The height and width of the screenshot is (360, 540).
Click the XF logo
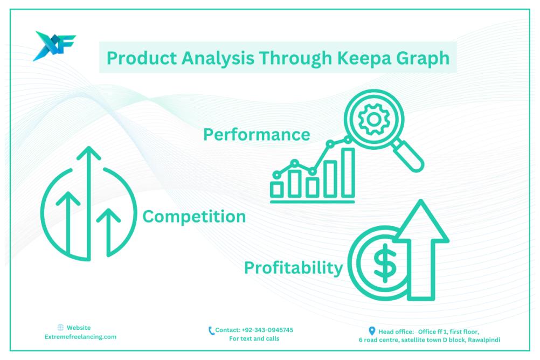(54, 46)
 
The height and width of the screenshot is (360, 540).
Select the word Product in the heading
(142, 58)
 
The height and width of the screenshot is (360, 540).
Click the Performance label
(257, 135)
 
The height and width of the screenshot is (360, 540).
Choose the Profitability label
(293, 268)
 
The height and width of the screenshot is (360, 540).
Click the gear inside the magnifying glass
(374, 119)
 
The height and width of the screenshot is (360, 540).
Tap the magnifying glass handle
(409, 156)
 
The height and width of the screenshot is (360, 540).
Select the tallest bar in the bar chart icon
(348, 172)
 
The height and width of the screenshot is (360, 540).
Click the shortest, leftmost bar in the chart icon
(276, 190)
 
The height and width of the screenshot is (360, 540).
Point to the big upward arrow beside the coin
(421, 250)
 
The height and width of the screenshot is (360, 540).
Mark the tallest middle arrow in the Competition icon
(89, 203)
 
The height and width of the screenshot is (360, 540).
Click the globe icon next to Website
(61, 328)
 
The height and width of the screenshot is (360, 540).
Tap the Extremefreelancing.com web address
(80, 337)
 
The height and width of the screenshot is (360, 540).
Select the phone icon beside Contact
(211, 331)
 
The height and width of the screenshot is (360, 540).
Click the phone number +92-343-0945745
(267, 330)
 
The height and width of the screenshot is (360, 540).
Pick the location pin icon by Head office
(372, 331)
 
